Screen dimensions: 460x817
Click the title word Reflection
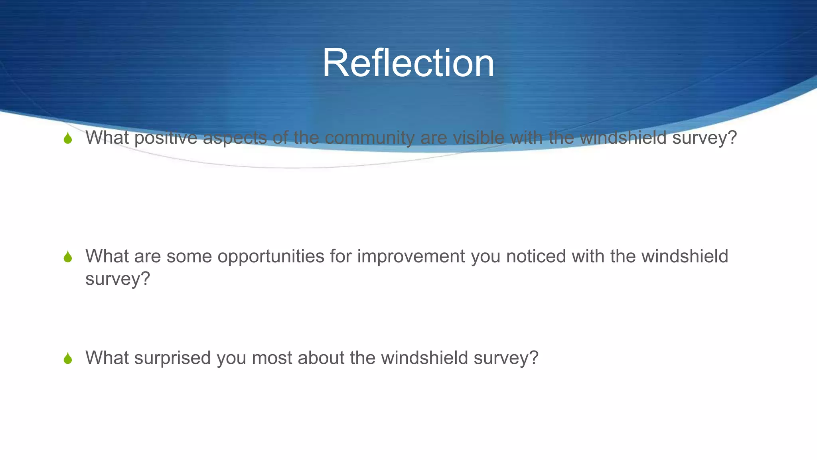pyautogui.click(x=408, y=63)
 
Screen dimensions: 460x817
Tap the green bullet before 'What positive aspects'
pyautogui.click(x=68, y=139)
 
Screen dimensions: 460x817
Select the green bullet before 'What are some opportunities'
pyautogui.click(x=68, y=257)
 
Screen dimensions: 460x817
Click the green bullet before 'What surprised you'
pyautogui.click(x=68, y=358)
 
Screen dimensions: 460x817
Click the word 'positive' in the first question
pyautogui.click(x=166, y=138)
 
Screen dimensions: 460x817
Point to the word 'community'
pyautogui.click(x=369, y=138)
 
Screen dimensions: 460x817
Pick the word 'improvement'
pyautogui.click(x=411, y=256)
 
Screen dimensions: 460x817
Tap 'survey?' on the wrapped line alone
pyautogui.click(x=118, y=279)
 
